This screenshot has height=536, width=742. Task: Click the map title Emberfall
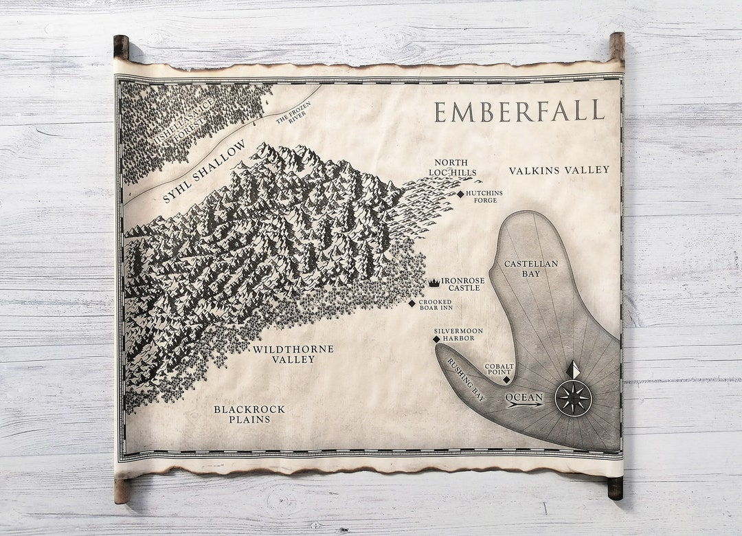519,111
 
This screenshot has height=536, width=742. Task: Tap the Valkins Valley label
559,170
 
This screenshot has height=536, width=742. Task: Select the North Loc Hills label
452,168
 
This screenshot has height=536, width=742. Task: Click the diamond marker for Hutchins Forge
461,194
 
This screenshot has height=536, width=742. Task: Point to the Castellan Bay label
531,269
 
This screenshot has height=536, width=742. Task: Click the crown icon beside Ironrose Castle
434,282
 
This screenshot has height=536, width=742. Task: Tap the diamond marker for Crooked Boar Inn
412,303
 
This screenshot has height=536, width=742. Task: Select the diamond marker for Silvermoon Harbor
436,339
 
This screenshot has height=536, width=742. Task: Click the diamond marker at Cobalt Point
506,379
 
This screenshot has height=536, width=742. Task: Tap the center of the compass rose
573,398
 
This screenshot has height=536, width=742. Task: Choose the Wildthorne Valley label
293,354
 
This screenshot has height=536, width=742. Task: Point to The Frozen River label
293,113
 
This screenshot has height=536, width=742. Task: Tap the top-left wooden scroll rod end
121,47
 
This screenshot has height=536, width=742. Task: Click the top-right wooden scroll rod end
616,45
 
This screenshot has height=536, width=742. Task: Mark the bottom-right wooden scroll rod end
615,488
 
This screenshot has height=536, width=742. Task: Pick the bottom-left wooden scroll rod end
122,491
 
